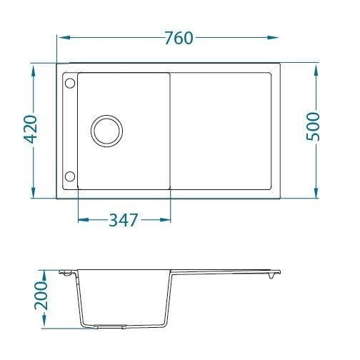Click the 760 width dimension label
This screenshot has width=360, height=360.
[179, 38]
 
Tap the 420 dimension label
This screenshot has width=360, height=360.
[31, 129]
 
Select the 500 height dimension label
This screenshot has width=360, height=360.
[313, 126]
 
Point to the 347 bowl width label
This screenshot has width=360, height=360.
[124, 220]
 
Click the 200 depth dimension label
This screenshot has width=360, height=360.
[41, 296]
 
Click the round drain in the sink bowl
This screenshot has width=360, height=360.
[106, 131]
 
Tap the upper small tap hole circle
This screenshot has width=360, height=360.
[70, 84]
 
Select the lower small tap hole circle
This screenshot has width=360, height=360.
[70, 176]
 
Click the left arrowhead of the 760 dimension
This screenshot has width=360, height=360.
[64, 38]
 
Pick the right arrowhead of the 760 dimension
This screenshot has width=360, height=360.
[272, 38]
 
